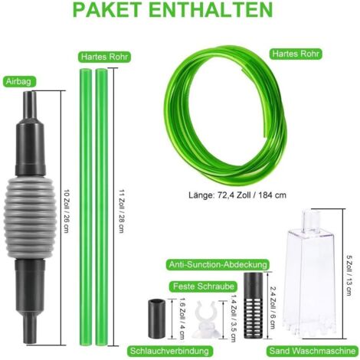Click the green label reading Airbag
coord(18,82)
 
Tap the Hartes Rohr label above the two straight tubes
coord(104,57)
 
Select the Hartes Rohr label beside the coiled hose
coord(296,54)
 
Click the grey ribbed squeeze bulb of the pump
coord(29,218)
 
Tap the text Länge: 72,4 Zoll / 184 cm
coord(237,195)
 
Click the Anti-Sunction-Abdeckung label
coord(218,264)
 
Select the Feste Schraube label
coord(204,286)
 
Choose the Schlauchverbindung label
coord(169,351)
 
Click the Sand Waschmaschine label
coord(313,351)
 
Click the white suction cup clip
coord(207,319)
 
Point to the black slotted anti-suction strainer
coord(254,306)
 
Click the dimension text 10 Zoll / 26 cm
coord(67,211)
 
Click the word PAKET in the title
coord(107,9)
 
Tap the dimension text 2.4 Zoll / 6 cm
coord(273,307)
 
